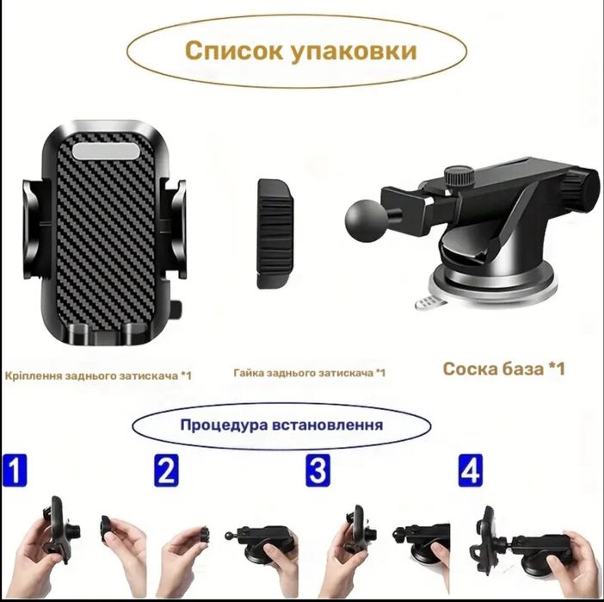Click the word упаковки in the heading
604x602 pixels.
pos(354,52)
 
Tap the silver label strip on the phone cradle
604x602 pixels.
pos(106,152)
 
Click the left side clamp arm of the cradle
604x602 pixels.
pos(35,229)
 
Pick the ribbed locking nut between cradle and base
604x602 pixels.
pos(275,233)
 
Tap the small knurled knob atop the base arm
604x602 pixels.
pos(459,177)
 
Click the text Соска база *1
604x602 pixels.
pos(504,369)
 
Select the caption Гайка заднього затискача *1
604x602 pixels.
pos(310,373)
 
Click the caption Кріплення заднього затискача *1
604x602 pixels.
pos(98,375)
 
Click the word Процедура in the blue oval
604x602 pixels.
pos(225,425)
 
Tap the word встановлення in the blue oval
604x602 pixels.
pos(328,425)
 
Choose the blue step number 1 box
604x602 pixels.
pos(15,470)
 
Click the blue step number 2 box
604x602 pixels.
pos(166,470)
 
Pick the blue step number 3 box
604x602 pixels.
pos(318,470)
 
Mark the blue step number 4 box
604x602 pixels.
pos(471,470)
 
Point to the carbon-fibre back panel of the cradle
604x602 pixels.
pos(107,236)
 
